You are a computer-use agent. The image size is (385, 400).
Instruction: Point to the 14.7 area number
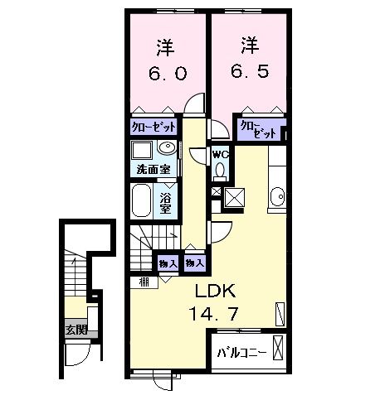pyautogui.click(x=216, y=316)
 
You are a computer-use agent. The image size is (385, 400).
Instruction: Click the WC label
pyautogui.click(x=219, y=153)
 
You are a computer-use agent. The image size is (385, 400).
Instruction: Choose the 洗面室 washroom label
pyautogui.click(x=154, y=171)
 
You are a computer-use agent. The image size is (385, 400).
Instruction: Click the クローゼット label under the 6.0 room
pyautogui.click(x=154, y=128)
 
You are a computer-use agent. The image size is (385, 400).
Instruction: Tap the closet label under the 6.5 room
pyautogui.click(x=256, y=129)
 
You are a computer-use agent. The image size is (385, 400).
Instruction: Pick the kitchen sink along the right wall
pyautogui.click(x=277, y=197)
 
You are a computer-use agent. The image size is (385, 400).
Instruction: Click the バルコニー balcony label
pyautogui.click(x=241, y=352)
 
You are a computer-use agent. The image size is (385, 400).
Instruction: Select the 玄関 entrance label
pyautogui.click(x=75, y=330)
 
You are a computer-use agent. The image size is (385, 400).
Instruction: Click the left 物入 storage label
pyautogui.click(x=167, y=263)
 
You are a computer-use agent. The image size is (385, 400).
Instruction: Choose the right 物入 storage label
pyautogui.click(x=194, y=263)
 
